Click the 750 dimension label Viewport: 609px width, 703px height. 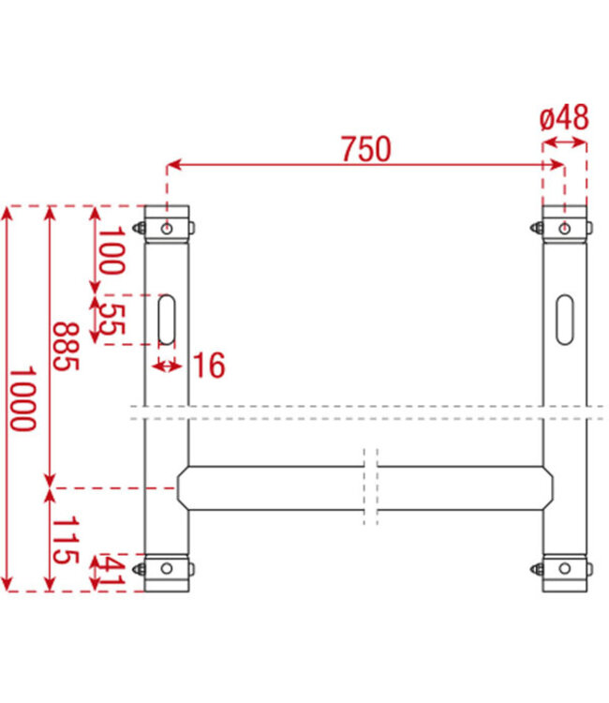365,149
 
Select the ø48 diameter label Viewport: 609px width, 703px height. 564,118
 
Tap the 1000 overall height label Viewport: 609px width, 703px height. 22,398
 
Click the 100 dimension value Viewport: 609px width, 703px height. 111,250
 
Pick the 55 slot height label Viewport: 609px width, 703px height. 111,320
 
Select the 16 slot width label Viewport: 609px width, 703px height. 209,366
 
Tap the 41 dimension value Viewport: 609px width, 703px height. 111,573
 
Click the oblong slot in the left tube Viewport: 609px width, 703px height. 167,321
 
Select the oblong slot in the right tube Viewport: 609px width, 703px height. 565,320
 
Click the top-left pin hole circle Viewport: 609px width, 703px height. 167,229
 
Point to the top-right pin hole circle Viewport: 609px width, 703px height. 565,229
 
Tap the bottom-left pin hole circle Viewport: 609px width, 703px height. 167,568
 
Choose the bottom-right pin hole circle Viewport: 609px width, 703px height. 565,568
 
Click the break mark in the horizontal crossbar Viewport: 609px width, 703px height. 371,488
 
